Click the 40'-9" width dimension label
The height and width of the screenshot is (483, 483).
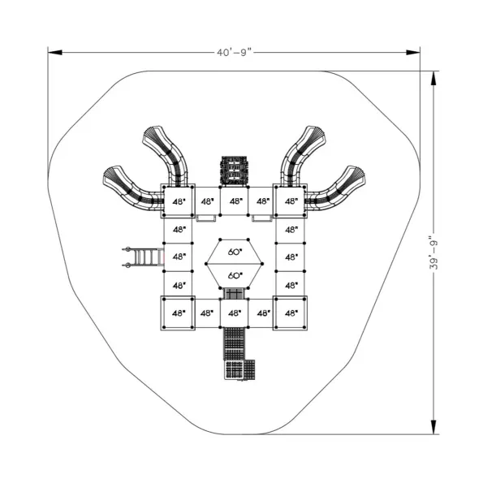[x=234, y=53]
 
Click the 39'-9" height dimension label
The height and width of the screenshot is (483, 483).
[x=433, y=252]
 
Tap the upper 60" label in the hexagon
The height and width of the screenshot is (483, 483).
[x=235, y=252]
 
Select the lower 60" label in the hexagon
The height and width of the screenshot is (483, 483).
[x=235, y=275]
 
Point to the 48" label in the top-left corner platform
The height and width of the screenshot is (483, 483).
[x=179, y=202]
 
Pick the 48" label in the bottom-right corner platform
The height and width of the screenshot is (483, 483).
[x=291, y=313]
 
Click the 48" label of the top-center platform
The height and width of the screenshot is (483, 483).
[x=236, y=201]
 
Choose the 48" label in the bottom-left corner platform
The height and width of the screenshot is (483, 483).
[x=179, y=313]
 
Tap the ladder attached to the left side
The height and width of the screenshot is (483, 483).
[x=144, y=257]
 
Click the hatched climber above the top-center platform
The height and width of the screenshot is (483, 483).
[x=235, y=171]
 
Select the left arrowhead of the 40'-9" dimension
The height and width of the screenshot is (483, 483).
[x=55, y=53]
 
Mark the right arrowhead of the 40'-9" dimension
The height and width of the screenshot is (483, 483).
[x=412, y=53]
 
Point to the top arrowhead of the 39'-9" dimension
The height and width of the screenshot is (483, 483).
[x=433, y=78]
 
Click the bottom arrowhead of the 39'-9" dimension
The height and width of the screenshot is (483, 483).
[x=433, y=427]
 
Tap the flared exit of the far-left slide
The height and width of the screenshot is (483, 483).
[x=111, y=175]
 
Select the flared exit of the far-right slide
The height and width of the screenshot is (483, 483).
[x=356, y=175]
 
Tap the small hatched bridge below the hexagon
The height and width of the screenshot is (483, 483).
[x=235, y=294]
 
